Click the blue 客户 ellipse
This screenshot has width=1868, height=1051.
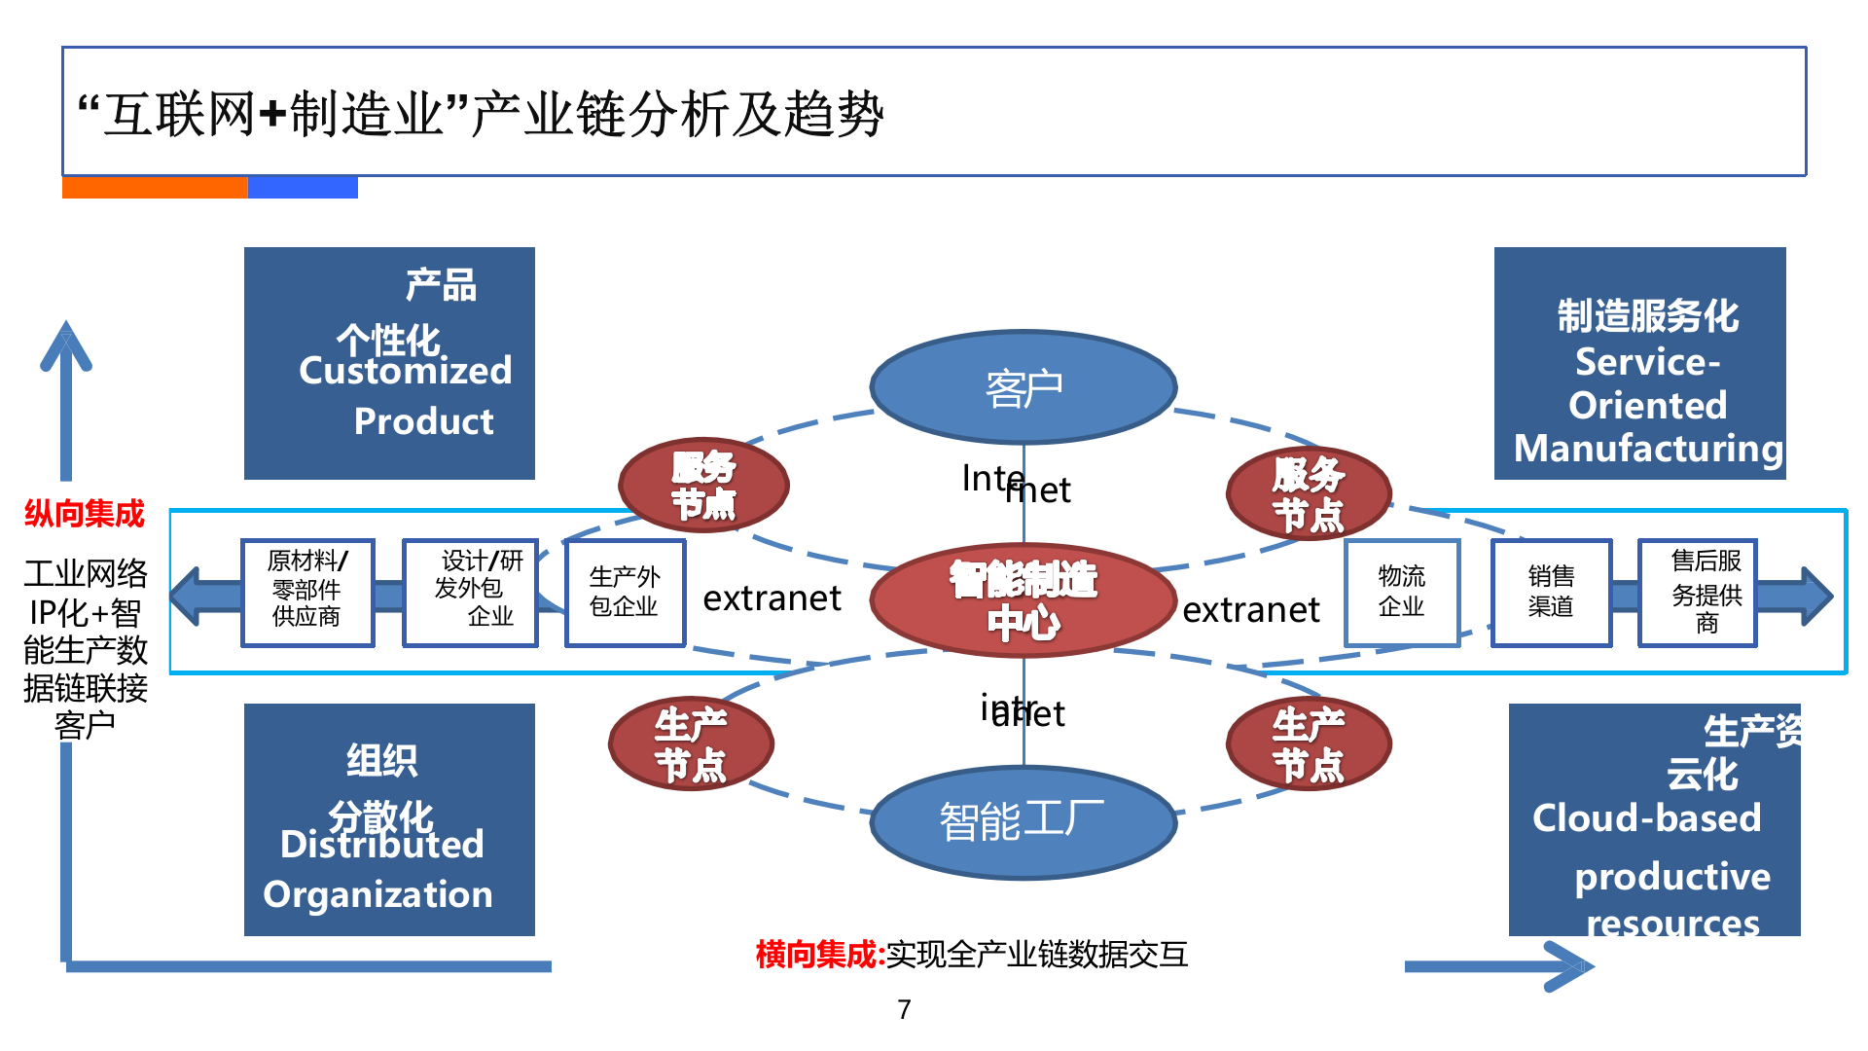click(1024, 387)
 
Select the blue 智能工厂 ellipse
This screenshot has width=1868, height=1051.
click(1024, 821)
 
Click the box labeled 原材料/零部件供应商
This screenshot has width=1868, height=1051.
click(307, 593)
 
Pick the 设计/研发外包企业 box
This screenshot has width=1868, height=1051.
click(471, 593)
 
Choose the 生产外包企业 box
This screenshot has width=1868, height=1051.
click(625, 593)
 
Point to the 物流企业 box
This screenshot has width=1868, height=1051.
click(1402, 593)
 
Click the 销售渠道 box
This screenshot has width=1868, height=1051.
click(1551, 593)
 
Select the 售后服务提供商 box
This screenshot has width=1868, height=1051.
click(1698, 593)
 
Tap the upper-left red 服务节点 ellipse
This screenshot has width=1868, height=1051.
click(703, 485)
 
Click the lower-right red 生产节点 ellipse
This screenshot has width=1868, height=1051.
click(1309, 744)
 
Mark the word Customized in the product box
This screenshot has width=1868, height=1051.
click(405, 371)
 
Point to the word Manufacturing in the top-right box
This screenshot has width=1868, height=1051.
click(1648, 449)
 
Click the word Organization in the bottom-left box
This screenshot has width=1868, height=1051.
click(377, 894)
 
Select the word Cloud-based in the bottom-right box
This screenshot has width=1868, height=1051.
click(1646, 818)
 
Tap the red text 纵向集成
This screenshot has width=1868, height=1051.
click(85, 513)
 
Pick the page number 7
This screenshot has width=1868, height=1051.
click(904, 1009)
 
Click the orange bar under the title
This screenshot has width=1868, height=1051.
click(155, 188)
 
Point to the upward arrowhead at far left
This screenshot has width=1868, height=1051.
click(66, 345)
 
